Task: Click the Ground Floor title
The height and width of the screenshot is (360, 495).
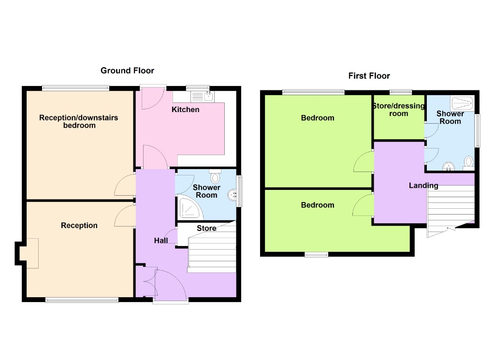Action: click(127, 71)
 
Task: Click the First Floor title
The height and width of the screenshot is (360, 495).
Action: click(369, 76)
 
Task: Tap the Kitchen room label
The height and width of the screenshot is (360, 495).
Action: click(185, 110)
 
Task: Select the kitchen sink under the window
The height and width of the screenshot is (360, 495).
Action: click(200, 97)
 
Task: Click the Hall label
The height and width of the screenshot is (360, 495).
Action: click(161, 241)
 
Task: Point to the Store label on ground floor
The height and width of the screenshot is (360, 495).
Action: click(206, 228)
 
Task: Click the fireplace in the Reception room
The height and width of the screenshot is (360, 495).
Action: click(30, 253)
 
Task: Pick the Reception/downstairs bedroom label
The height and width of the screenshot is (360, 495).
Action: click(78, 121)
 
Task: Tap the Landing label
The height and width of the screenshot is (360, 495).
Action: click(423, 186)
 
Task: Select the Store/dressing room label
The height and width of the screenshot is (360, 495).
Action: click(398, 110)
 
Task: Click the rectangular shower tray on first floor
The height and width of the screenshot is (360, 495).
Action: click(462, 102)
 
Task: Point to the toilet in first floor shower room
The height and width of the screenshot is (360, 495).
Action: click(468, 162)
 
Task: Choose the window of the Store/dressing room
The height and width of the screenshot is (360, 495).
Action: click(401, 91)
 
